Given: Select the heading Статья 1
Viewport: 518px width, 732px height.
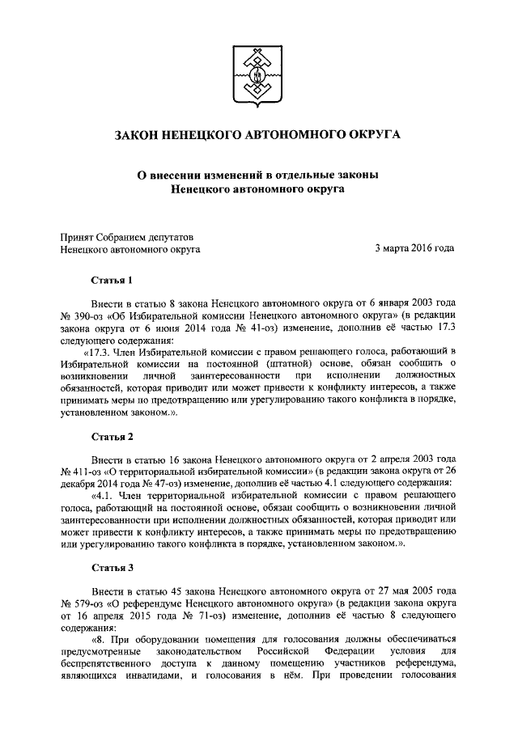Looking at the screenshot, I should point(110,281).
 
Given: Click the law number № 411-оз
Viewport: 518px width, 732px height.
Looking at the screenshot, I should point(80,470).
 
